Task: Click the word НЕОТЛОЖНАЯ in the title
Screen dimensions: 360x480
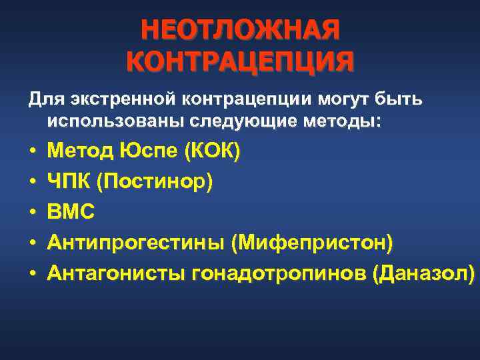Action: [x=239, y=30]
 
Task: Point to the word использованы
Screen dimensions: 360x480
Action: [x=119, y=122]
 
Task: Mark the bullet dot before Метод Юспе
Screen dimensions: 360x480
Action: [x=32, y=153]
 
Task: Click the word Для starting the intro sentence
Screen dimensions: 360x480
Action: [x=43, y=100]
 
